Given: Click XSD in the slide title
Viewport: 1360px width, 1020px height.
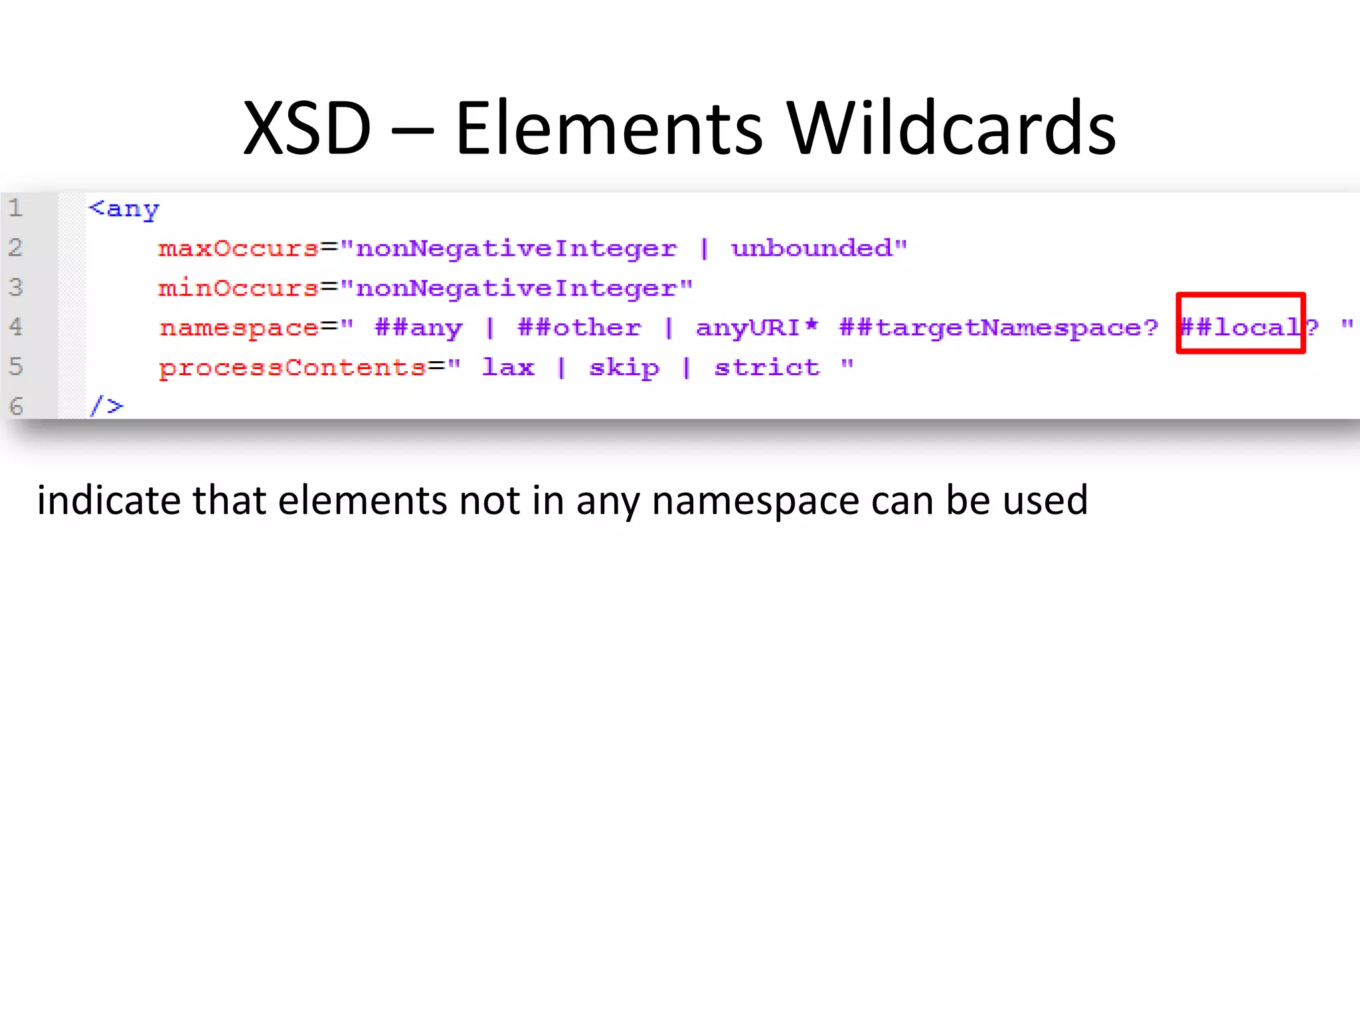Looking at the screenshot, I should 307,128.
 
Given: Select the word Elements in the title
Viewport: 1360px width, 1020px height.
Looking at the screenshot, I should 609,128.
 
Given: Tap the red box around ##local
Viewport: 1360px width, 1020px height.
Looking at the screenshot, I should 1240,323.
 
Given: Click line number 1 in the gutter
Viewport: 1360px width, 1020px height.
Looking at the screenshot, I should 16,209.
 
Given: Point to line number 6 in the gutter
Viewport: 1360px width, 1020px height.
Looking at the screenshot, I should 16,406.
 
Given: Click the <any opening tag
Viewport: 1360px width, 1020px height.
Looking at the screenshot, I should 124,209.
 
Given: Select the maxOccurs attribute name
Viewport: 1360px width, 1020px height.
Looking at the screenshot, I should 238,249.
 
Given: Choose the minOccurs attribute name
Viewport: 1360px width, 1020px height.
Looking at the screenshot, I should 238,288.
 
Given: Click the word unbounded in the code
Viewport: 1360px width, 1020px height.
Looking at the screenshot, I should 811,249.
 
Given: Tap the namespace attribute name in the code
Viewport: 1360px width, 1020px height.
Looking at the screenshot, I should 238,328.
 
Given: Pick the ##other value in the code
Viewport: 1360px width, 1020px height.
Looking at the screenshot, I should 579,327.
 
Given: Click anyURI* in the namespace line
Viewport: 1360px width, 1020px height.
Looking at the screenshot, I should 757,327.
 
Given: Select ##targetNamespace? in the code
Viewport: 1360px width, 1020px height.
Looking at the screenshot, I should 998,328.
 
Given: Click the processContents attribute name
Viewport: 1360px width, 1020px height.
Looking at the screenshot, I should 292,368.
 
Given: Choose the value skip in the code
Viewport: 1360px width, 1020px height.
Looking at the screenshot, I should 624,368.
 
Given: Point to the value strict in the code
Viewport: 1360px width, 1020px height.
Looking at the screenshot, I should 767,367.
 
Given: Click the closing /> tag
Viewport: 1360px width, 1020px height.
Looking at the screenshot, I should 106,406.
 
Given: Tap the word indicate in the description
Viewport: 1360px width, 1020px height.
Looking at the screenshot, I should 108,500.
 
